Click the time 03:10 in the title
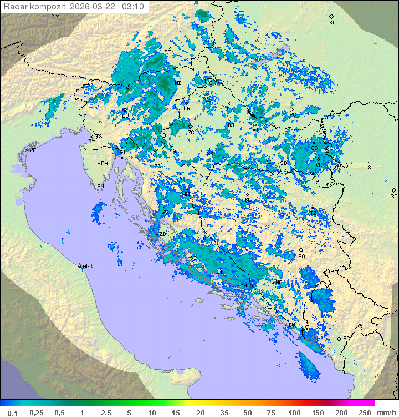point(133,7)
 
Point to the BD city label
point(332,23)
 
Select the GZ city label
point(167,49)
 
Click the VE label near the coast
point(33,150)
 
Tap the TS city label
point(99,137)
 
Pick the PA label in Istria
point(104,163)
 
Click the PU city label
point(100,187)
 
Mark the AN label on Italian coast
point(86,267)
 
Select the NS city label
point(367,168)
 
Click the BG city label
point(394,196)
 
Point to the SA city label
point(301,257)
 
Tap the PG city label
point(346,339)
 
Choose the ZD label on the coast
point(162,234)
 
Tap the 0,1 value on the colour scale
point(12,413)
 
